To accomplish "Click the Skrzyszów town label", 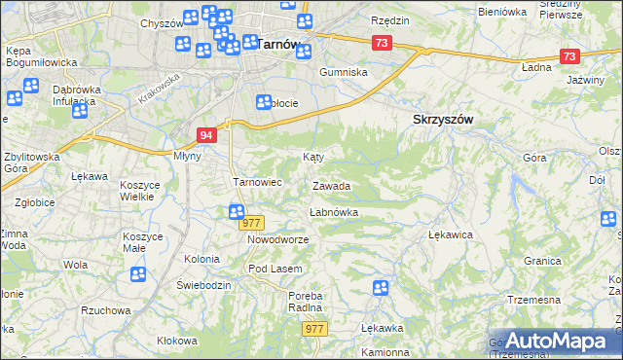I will [x=436, y=119].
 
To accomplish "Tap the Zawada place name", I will [x=331, y=186].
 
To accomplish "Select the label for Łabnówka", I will [x=334, y=211].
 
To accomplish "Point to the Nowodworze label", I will [x=277, y=239].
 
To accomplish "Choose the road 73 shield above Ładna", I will [x=569, y=56].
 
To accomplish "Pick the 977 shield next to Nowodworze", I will [x=252, y=223].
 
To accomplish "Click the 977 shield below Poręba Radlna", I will [x=313, y=329].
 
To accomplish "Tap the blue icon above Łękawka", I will [x=380, y=287].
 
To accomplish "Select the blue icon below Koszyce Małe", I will [x=137, y=274].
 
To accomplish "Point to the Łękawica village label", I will [x=451, y=234].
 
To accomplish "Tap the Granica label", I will [x=543, y=262].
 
